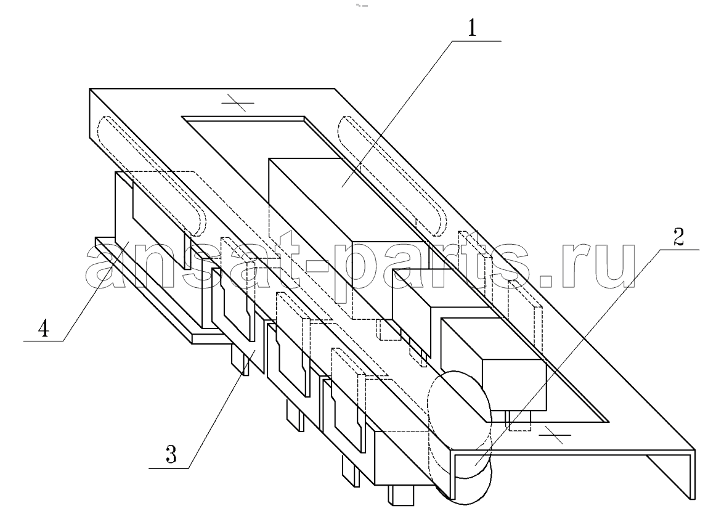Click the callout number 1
[x=471, y=28]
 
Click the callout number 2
[x=678, y=237]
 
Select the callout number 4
[x=43, y=329]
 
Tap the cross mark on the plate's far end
[x=238, y=102]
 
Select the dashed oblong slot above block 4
[x=152, y=176]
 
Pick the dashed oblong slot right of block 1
[x=393, y=176]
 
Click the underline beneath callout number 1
[x=476, y=41]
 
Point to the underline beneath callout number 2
[x=679, y=250]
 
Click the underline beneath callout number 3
[x=169, y=468]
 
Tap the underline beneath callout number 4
[x=43, y=341]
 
